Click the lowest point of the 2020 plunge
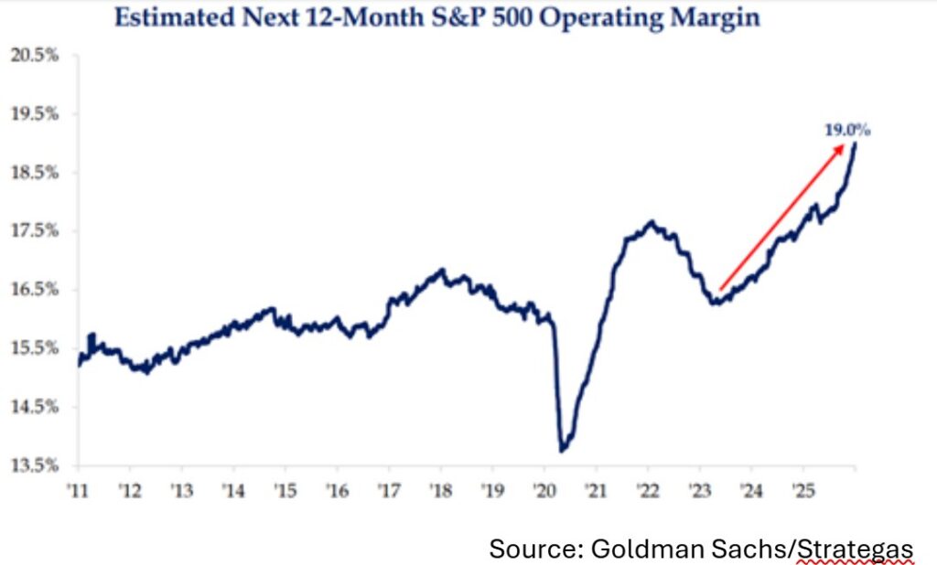point(562,450)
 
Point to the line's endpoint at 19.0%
point(855,144)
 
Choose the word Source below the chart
point(528,549)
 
